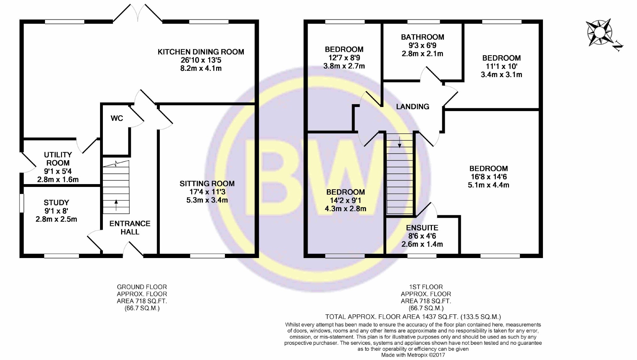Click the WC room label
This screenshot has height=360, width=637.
[x=117, y=118]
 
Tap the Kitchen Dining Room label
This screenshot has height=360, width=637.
[x=201, y=52]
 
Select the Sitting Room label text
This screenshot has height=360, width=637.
[x=207, y=183]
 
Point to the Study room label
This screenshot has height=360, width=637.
[x=56, y=203]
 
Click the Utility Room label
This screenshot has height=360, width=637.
[x=58, y=159]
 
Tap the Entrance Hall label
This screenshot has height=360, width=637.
[x=130, y=228]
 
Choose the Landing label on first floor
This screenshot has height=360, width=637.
[x=412, y=107]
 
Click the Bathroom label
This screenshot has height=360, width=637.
[x=422, y=37]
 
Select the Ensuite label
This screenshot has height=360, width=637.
[x=422, y=228]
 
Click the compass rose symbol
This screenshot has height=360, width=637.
[x=599, y=32]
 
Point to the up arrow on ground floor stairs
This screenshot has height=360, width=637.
[x=116, y=205]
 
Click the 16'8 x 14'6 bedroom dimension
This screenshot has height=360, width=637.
[x=489, y=177]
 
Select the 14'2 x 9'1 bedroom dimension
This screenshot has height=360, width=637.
[x=345, y=200]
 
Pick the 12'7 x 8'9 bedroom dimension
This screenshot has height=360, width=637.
[x=344, y=58]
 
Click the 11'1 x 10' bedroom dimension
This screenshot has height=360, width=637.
[x=501, y=66]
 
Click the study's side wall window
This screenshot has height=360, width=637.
[x=21, y=203]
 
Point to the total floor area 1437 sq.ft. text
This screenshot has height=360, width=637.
[x=413, y=317]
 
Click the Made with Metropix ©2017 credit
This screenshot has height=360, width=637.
[x=413, y=355]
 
